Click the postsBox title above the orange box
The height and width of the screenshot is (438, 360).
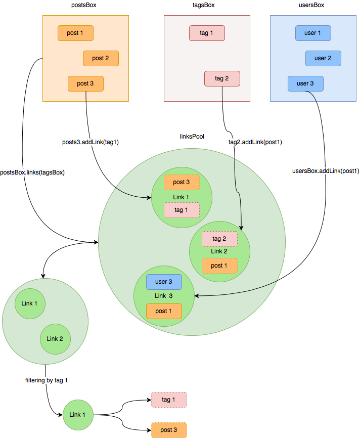(85, 5)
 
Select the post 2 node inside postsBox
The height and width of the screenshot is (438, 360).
(101, 58)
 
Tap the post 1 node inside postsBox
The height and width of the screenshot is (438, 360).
(75, 33)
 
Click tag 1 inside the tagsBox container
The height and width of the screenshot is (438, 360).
(207, 33)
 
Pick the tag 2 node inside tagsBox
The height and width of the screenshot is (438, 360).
(222, 78)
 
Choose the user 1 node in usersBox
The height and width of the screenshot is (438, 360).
(313, 33)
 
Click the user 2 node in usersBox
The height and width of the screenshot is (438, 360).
(323, 58)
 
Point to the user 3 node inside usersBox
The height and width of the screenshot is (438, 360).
(305, 83)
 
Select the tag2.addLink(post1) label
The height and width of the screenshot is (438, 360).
(255, 142)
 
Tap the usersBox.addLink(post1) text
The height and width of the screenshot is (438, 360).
(326, 171)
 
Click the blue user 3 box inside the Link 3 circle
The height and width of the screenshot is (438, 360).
(164, 282)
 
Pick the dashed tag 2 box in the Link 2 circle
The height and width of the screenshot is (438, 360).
(219, 239)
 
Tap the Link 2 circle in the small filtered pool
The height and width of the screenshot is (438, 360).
(55, 338)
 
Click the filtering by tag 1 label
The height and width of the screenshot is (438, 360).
(47, 379)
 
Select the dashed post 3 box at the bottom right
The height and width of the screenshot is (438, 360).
(169, 430)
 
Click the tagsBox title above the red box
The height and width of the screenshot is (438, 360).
(207, 5)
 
